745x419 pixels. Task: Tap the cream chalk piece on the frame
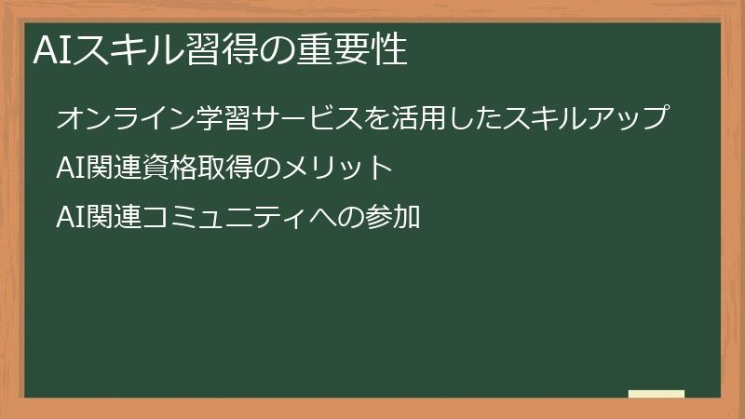point(657,395)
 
